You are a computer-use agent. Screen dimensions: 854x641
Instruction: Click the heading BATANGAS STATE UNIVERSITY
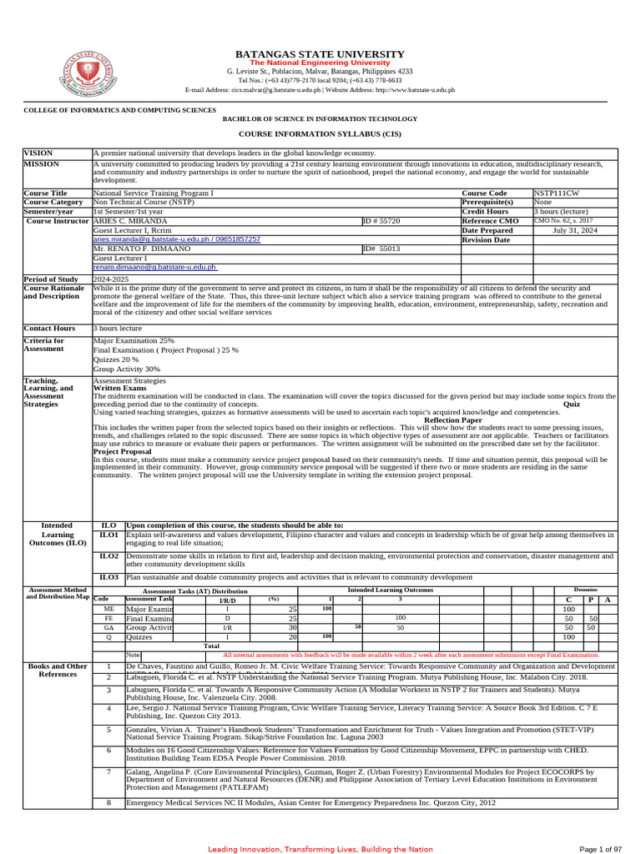(x=320, y=53)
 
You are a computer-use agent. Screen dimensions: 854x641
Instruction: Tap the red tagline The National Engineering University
(x=320, y=63)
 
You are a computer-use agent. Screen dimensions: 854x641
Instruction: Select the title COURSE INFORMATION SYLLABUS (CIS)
(x=320, y=133)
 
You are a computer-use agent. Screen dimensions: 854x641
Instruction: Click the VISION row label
(x=38, y=153)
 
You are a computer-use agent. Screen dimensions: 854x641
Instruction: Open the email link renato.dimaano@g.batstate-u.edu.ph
(x=154, y=267)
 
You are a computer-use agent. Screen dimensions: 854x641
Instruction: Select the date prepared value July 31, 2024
(x=575, y=230)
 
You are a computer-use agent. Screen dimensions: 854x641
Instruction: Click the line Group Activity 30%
(x=127, y=369)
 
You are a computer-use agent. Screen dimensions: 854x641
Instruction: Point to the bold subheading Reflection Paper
(x=453, y=420)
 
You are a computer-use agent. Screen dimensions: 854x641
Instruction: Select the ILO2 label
(x=109, y=555)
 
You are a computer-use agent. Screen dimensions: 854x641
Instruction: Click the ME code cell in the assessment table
(x=109, y=610)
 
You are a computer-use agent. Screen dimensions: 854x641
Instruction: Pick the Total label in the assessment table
(x=212, y=646)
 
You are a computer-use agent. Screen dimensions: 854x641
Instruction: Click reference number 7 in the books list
(x=109, y=771)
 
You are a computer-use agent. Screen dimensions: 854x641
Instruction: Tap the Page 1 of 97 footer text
(x=600, y=849)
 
